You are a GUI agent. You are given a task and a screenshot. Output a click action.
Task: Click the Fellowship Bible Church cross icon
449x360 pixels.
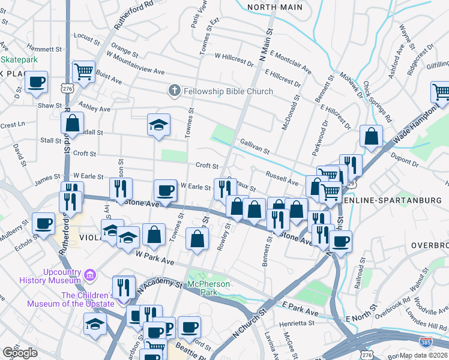174,91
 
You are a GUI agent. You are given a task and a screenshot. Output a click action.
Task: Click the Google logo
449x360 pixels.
20,353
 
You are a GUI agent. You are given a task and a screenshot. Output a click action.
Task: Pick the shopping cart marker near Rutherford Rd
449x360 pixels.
83,71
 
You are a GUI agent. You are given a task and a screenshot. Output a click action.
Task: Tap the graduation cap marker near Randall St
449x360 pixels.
158,124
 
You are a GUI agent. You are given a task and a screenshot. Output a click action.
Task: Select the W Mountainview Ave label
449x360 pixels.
136,71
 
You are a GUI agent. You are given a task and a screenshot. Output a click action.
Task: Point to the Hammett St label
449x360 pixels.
40,49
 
